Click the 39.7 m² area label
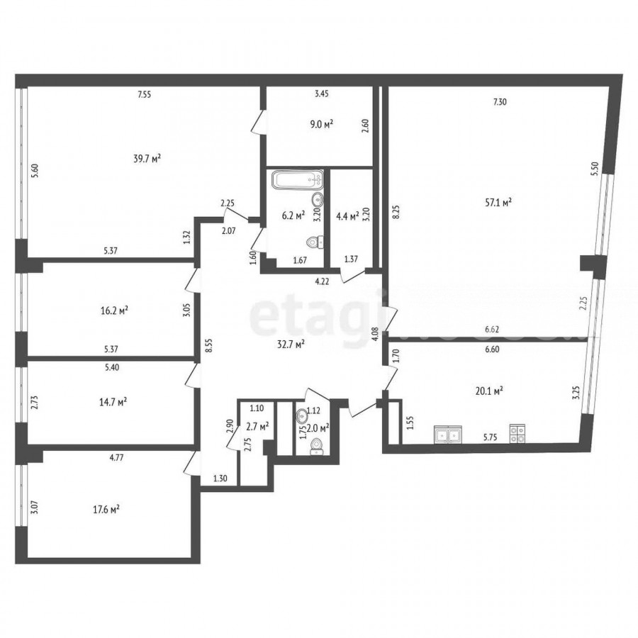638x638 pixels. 147,158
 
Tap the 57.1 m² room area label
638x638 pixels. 498,202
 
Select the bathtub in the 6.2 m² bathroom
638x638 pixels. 298,180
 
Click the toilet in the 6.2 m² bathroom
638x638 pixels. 315,242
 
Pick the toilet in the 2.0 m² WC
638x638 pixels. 316,447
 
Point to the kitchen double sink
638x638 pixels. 448,434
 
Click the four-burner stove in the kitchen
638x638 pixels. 517,433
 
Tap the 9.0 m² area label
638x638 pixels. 321,124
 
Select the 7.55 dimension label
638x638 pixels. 145,95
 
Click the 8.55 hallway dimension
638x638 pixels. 209,345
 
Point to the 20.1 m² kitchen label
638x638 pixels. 489,391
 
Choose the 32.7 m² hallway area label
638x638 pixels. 291,345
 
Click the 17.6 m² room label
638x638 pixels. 106,510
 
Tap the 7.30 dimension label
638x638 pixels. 500,102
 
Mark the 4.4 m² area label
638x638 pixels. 347,216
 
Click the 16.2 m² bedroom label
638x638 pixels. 114,311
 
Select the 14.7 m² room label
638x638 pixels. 113,403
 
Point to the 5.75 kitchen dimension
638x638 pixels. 491,438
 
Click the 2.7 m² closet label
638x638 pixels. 257,427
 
